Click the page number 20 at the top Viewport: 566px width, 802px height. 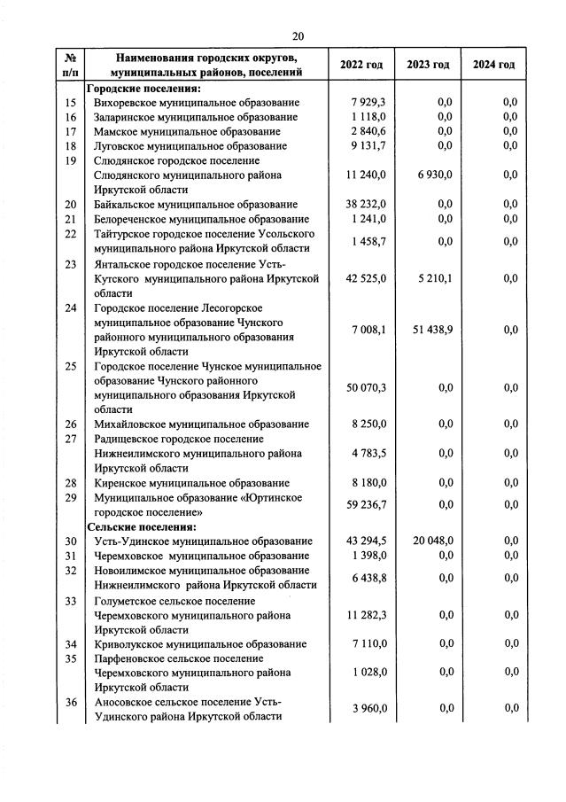(298, 35)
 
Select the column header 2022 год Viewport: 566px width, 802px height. (361, 65)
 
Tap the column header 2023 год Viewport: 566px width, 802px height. (428, 65)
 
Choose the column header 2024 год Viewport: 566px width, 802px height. (493, 65)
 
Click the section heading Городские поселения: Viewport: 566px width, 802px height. (143, 89)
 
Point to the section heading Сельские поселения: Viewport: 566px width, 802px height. (140, 526)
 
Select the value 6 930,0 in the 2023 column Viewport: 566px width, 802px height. (435, 175)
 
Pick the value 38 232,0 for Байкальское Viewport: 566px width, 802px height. (366, 205)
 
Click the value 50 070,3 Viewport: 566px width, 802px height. (366, 388)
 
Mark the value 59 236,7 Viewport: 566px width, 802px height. (366, 504)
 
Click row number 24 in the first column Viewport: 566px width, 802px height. (71, 308)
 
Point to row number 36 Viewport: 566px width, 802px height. (71, 701)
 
